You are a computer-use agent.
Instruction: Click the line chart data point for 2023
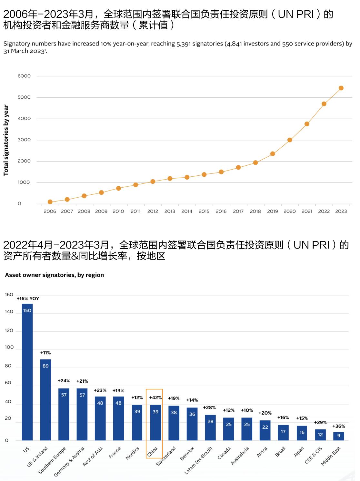[x=341, y=88]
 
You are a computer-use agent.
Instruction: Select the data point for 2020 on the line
[x=290, y=140]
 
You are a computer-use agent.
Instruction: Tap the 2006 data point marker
[x=50, y=202]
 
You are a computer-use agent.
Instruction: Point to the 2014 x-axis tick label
[x=187, y=211]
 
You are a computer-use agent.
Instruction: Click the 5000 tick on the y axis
[x=24, y=97]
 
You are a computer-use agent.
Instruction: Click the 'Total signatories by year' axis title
[x=6, y=140]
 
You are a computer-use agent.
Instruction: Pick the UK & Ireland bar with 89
[x=45, y=400]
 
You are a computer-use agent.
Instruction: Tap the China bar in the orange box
[x=155, y=422]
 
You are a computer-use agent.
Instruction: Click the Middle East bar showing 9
[x=339, y=436]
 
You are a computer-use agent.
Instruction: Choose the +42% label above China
[x=155, y=398]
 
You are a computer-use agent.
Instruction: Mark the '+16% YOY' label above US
[x=28, y=299]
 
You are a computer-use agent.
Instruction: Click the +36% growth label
[x=339, y=426]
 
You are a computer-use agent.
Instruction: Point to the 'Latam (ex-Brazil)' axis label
[x=199, y=460]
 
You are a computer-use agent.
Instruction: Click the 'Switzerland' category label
[x=166, y=456]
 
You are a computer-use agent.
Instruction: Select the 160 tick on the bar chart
[x=9, y=295]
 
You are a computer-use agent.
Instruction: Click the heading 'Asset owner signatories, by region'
[x=55, y=275]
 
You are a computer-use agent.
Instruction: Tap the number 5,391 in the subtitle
[x=184, y=44]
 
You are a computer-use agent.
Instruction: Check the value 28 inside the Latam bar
[x=210, y=421]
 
